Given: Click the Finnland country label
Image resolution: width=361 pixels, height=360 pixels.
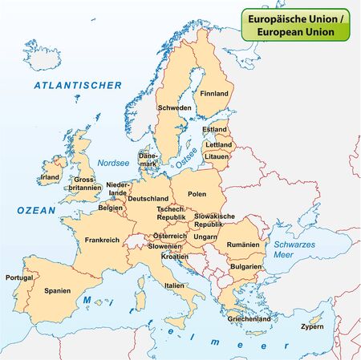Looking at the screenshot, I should [214, 94].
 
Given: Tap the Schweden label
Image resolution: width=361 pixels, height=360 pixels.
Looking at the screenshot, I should [174, 107].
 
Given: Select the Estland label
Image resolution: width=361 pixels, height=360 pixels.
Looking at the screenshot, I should [215, 129].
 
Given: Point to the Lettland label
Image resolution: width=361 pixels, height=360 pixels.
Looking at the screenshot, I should [218, 145].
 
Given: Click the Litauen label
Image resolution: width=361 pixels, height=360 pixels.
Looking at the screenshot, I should [218, 158].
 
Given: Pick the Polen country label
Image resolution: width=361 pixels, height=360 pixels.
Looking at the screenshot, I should [197, 194].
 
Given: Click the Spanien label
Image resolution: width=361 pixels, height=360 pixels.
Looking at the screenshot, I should [58, 290].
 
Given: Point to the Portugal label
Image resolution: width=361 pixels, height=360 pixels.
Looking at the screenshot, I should [19, 277].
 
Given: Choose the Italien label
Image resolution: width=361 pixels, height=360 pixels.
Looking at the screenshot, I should [174, 285].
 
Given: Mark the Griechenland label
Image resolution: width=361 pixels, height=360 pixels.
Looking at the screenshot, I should [249, 319].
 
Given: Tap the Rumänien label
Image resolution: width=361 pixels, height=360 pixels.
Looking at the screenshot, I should [243, 244].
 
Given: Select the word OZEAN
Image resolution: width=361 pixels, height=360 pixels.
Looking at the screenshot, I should [36, 209].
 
